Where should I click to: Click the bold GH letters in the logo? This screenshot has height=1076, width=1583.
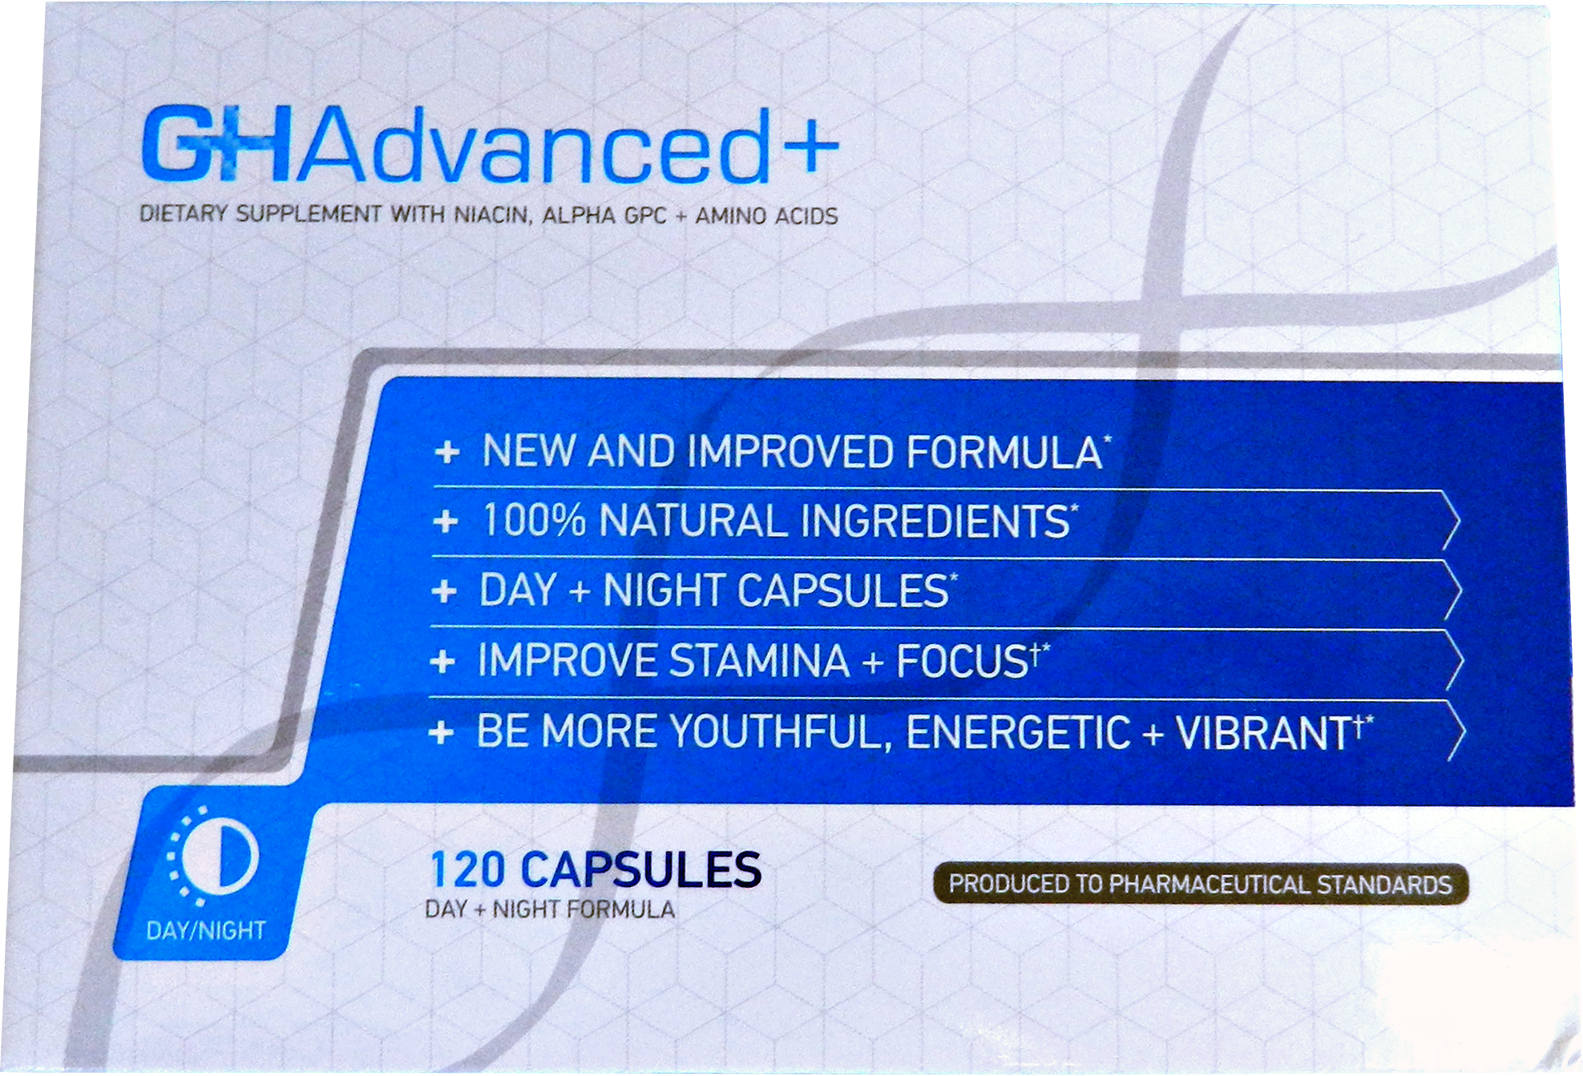click(216, 144)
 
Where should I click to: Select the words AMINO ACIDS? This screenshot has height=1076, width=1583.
click(766, 216)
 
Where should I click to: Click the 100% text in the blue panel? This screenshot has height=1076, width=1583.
click(534, 520)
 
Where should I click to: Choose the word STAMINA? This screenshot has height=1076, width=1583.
click(759, 661)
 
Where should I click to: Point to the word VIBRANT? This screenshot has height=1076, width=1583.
click(1263, 732)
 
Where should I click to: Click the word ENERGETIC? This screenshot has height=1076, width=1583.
click(1018, 732)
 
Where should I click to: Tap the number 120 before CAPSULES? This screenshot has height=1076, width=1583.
click(468, 870)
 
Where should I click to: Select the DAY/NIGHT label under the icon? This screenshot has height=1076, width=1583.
click(206, 930)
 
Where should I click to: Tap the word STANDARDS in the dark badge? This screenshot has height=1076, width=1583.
click(1384, 885)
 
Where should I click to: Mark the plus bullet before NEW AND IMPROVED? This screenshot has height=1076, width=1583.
click(446, 453)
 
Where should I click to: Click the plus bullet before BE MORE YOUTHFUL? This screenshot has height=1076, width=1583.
click(441, 732)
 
